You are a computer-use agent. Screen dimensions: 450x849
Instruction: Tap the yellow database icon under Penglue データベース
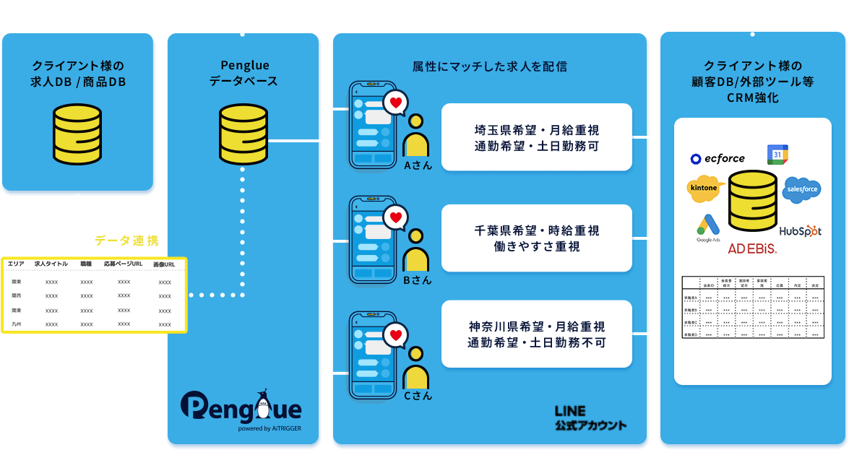coord(244,134)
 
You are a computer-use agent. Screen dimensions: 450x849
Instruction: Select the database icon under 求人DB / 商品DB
coord(78,134)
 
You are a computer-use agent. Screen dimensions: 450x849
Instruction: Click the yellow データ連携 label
coord(126,241)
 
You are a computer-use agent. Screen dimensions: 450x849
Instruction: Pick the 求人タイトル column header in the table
coord(51,264)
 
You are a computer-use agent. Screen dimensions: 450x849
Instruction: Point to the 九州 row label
coord(16,324)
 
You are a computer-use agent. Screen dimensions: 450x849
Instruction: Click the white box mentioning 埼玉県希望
coord(537,137)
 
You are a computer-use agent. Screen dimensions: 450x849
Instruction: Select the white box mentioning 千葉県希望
coord(537,238)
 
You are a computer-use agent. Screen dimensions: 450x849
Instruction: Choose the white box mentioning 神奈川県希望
coord(537,334)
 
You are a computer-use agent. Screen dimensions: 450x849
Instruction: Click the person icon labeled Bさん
coord(416,252)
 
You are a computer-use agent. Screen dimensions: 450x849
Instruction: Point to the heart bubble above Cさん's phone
coord(395,334)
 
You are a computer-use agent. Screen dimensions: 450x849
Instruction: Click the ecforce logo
coord(717,159)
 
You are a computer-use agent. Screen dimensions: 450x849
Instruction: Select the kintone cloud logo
coord(705,189)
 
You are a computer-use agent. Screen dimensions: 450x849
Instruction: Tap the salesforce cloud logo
coord(801,189)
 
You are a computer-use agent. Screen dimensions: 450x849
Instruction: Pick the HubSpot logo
coord(801,231)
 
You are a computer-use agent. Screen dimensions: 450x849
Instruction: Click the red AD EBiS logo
coord(752,248)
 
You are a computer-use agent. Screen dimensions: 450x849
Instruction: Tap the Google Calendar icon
coord(777,155)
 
